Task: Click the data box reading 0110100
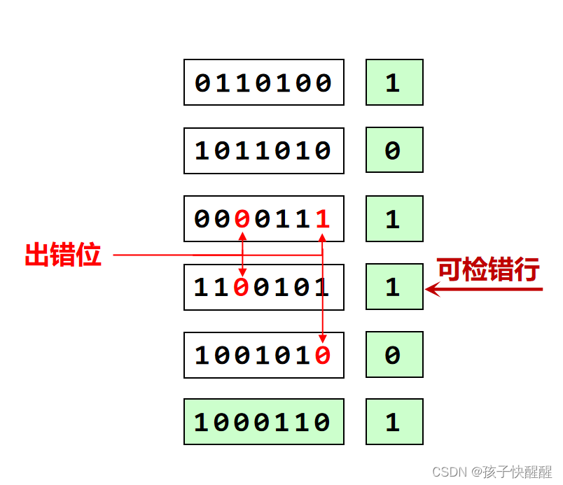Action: pyautogui.click(x=263, y=83)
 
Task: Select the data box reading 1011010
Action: pyautogui.click(x=263, y=150)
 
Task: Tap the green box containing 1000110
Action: pyautogui.click(x=263, y=422)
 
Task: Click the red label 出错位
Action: pyautogui.click(x=63, y=255)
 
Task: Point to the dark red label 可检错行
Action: pyautogui.click(x=489, y=269)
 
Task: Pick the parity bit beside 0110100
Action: pyautogui.click(x=394, y=83)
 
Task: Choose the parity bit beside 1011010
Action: pyautogui.click(x=394, y=150)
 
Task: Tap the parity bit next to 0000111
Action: pyautogui.click(x=394, y=218)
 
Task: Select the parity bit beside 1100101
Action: pyautogui.click(x=394, y=287)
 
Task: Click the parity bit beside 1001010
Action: pyautogui.click(x=394, y=355)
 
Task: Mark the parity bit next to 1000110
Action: pyautogui.click(x=394, y=422)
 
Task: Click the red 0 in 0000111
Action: pyautogui.click(x=242, y=219)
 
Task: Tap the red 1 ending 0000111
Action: pyautogui.click(x=323, y=219)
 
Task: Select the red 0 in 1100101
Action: pyautogui.click(x=242, y=287)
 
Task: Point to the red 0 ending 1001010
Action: pyautogui.click(x=323, y=355)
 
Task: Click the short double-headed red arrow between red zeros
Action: pyautogui.click(x=242, y=253)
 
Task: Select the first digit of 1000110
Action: pyautogui.click(x=202, y=422)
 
